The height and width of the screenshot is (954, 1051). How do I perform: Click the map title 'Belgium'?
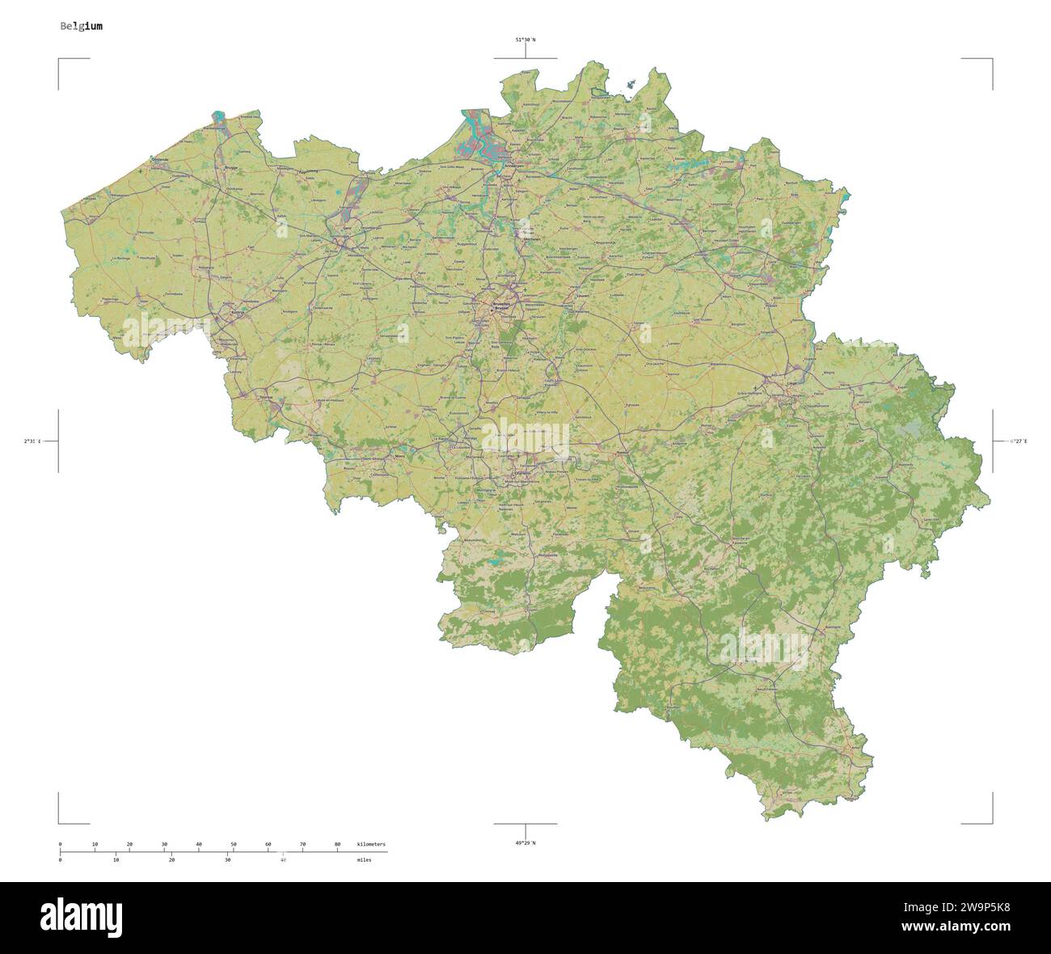(x=81, y=26)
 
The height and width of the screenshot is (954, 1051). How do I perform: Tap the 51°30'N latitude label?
(x=525, y=39)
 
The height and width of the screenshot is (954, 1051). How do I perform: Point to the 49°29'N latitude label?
(x=525, y=843)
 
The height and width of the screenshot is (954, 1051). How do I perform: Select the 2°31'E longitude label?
(x=32, y=441)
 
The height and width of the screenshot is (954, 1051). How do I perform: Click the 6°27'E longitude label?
(x=1017, y=441)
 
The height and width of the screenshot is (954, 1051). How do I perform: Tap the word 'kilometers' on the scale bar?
(x=371, y=844)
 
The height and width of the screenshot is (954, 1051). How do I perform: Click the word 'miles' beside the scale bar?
(x=364, y=860)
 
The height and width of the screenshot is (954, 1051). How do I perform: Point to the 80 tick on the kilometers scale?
(x=337, y=844)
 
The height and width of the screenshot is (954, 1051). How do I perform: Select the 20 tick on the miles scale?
(x=171, y=860)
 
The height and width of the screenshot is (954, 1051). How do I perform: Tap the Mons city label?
(x=399, y=458)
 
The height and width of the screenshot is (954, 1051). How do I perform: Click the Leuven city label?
(x=581, y=296)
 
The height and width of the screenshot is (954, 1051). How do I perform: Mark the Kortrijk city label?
(x=237, y=311)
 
